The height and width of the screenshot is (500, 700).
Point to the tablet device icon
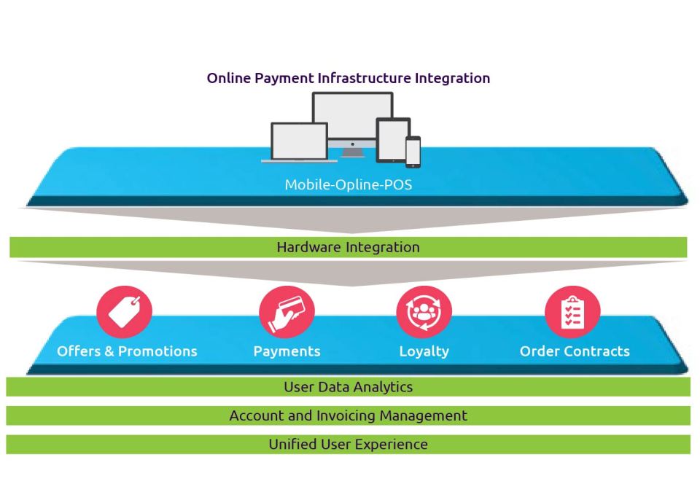[392, 139]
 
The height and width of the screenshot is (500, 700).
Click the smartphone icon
[413, 152]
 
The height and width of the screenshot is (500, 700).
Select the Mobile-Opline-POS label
[348, 184]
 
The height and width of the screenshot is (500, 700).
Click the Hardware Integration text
[348, 247]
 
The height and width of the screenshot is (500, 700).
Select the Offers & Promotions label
[127, 351]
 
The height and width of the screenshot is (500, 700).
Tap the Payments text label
[287, 351]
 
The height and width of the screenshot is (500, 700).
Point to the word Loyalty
[424, 351]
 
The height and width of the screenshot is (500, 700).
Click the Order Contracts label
[575, 351]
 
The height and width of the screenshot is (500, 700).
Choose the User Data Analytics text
[348, 387]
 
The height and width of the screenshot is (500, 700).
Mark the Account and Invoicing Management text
[348, 415]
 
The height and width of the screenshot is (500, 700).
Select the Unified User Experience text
[348, 444]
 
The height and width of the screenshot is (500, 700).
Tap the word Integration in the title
[452, 78]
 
